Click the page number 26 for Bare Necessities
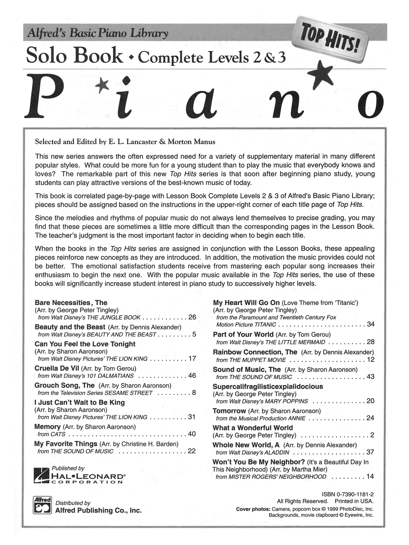pyautogui.click(x=192, y=317)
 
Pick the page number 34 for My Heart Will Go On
pyautogui.click(x=371, y=324)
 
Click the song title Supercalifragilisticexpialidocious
pyautogui.click(x=268, y=386)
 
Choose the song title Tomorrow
pyautogui.click(x=229, y=411)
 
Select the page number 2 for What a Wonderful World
pyautogui.click(x=372, y=435)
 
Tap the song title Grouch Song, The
pyautogui.click(x=65, y=385)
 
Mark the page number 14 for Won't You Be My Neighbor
pyautogui.click(x=370, y=477)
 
